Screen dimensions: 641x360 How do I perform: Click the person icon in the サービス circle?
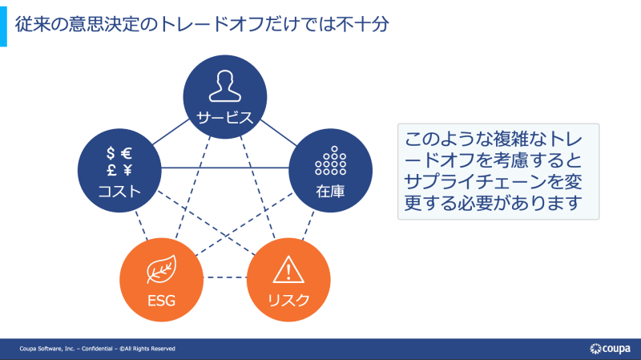coord(225,86)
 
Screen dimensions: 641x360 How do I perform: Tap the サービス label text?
coord(225,118)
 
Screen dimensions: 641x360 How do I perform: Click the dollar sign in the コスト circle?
coord(111,153)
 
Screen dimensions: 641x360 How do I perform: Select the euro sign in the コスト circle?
coord(127,153)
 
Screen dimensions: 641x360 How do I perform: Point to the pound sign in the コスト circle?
coord(111,170)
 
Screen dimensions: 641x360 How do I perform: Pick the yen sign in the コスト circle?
coord(127,170)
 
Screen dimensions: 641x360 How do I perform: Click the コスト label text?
coord(119,191)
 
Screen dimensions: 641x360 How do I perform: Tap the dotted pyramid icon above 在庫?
coord(331,161)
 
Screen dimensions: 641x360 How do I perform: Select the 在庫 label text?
coord(330,191)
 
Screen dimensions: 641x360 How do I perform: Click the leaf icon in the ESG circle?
coord(162,269)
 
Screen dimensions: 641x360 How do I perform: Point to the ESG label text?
coord(162,301)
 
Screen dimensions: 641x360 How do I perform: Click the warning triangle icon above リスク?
coord(288,269)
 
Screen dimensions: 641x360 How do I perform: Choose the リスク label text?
coord(288,301)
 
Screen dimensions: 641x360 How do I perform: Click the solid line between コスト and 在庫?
coord(225,168)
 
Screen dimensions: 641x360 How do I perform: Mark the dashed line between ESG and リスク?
coord(225,277)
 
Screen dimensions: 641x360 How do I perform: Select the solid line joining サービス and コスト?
coord(171,132)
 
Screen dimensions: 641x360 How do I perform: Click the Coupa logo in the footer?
coord(610,349)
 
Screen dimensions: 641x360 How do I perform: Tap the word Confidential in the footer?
coord(97,349)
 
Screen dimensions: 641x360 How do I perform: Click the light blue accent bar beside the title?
coord(3,26)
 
